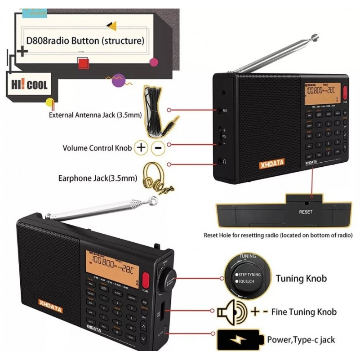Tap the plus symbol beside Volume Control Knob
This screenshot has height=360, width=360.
[x=141, y=147]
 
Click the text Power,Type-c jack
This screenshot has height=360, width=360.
[x=301, y=339]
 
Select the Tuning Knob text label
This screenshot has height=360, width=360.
[x=301, y=279]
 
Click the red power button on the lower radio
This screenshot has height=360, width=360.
[x=146, y=282]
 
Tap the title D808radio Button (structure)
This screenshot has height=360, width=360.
[x=85, y=41]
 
